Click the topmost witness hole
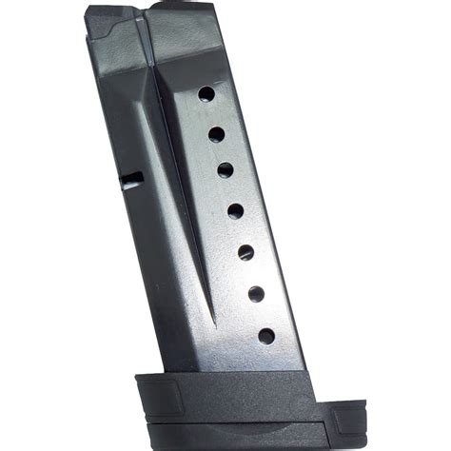pos(206,94)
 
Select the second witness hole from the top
pos(217,134)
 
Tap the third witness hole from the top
pos(225,170)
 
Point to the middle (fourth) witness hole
pos(236,211)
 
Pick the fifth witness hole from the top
pos(245,252)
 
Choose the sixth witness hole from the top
pos(256,294)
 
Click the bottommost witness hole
pos(266,336)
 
